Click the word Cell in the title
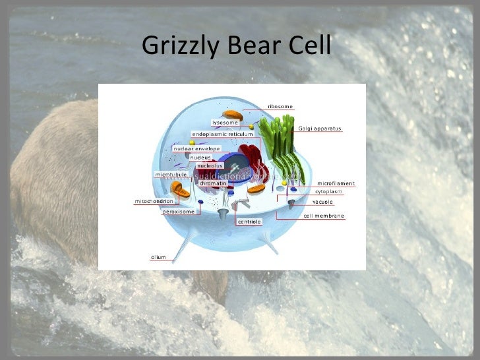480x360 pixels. coord(310,46)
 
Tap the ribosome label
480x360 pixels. coord(280,106)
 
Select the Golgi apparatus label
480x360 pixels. coord(320,129)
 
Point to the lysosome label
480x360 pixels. coord(225,122)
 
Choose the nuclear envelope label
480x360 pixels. coord(196,149)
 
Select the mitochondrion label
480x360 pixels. coord(154,201)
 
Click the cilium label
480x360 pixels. coord(158,257)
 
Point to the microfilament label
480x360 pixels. coord(336,183)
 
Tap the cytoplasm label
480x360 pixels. coord(328,191)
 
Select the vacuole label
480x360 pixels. coord(322,202)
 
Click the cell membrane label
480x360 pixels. coord(324,216)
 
